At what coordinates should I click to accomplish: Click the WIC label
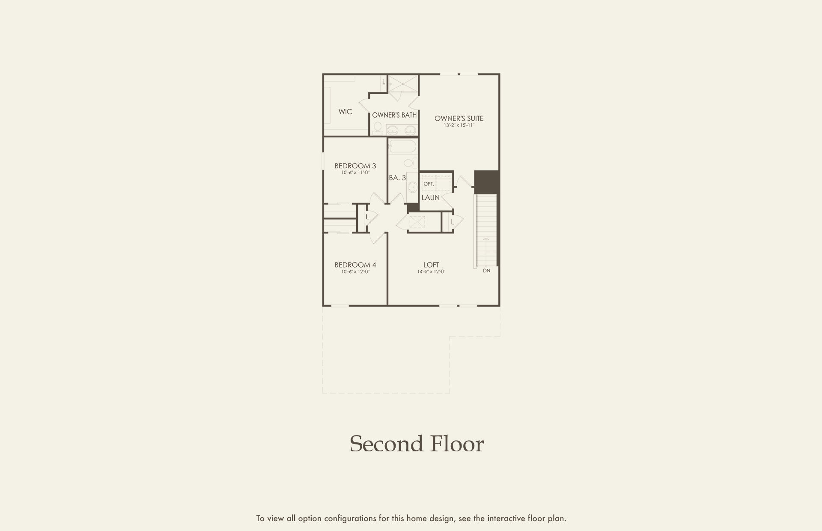345,112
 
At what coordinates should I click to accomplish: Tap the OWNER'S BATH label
394,115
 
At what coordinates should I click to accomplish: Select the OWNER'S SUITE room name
459,118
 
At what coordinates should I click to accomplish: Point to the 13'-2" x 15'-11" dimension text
459,125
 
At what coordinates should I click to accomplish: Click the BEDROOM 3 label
355,166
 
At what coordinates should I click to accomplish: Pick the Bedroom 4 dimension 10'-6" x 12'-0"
355,271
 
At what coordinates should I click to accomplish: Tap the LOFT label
431,265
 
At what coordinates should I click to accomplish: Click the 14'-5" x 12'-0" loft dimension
431,271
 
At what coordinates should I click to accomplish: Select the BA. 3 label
397,177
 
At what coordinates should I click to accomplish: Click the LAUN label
430,197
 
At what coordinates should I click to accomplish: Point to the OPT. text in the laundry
429,184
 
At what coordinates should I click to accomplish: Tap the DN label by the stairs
487,271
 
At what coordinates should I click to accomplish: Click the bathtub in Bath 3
402,147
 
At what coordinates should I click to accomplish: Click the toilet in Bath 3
409,163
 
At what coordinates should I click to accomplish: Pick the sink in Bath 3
412,187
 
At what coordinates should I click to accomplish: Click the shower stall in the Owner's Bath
402,84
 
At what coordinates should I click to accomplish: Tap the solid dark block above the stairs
487,182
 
